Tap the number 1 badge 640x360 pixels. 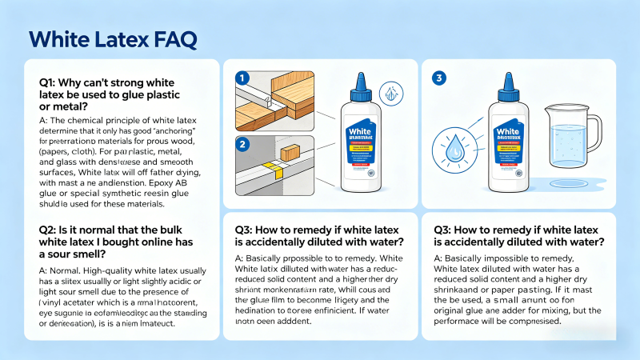[238, 78]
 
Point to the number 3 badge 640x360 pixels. [438, 78]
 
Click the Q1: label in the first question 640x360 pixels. [50, 82]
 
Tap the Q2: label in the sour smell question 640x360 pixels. [50, 230]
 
